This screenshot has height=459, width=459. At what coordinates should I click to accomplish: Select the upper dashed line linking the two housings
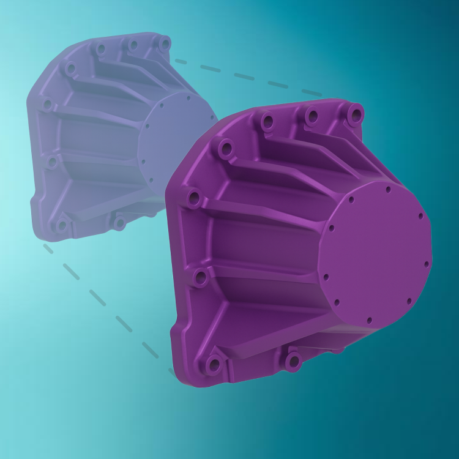[x=245, y=76]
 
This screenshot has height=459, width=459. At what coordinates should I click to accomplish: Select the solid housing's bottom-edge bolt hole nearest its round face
[x=294, y=360]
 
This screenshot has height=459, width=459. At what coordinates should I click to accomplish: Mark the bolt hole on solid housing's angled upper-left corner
[x=225, y=148]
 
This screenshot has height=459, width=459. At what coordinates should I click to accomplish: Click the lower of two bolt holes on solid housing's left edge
[x=201, y=278]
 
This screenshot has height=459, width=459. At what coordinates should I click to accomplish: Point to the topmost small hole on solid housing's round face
[x=389, y=190]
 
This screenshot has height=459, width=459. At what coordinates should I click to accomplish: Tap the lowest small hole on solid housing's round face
[x=369, y=319]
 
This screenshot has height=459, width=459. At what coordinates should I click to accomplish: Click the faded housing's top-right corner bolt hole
[x=164, y=43]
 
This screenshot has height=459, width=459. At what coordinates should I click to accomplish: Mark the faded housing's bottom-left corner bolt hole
[x=61, y=226]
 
